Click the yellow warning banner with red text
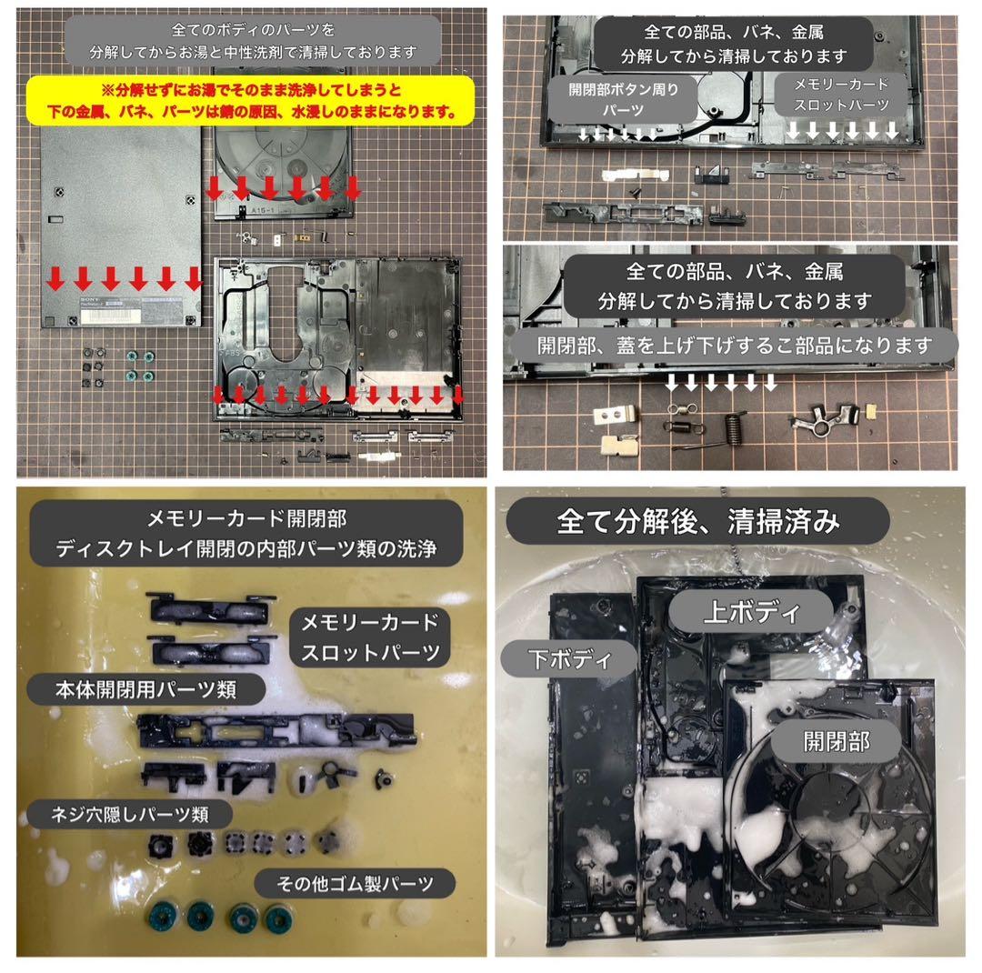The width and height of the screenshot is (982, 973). click(251, 101)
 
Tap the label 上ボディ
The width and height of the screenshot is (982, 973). click(751, 611)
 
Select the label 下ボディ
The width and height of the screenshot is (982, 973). click(569, 659)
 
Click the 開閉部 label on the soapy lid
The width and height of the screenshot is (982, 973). click(837, 742)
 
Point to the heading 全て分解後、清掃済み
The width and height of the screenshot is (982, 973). click(697, 521)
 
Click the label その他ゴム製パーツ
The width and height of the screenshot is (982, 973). click(355, 883)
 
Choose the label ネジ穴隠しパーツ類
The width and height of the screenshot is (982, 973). click(129, 815)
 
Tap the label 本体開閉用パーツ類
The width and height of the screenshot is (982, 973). click(145, 690)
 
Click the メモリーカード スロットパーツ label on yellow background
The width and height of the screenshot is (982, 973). click(370, 637)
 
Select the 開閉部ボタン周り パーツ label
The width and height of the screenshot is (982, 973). click(623, 100)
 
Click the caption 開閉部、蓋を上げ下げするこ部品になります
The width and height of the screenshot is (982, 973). click(734, 346)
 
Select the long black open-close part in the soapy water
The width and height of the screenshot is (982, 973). click(276, 730)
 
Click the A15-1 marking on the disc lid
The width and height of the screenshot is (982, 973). click(262, 211)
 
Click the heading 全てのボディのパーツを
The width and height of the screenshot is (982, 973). click(253, 29)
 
